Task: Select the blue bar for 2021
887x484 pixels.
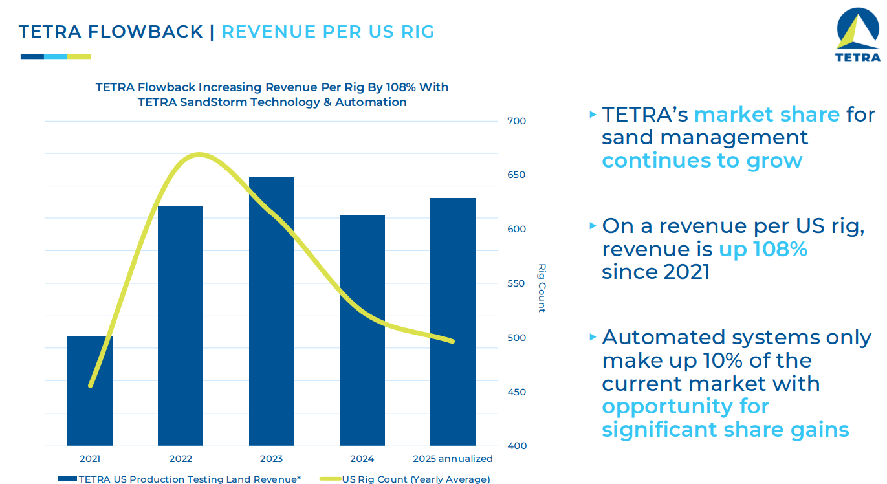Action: pyautogui.click(x=90, y=401)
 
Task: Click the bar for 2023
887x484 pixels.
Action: pyautogui.click(x=271, y=311)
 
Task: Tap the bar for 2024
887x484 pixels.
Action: pyautogui.click(x=362, y=330)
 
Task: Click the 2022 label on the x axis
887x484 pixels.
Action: pyautogui.click(x=181, y=459)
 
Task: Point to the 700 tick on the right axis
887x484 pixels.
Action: pyautogui.click(x=517, y=121)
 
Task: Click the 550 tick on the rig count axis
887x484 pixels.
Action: pyautogui.click(x=517, y=283)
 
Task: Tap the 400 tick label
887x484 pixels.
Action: pyautogui.click(x=517, y=446)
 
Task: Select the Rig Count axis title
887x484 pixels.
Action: pyautogui.click(x=542, y=287)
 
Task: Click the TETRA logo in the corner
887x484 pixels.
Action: pyautogui.click(x=858, y=36)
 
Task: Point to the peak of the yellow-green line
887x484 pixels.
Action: pyautogui.click(x=199, y=155)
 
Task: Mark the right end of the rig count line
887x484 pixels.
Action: pyautogui.click(x=452, y=341)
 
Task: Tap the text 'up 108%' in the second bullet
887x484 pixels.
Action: pyautogui.click(x=763, y=249)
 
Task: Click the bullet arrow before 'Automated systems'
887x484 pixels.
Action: pyautogui.click(x=593, y=337)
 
